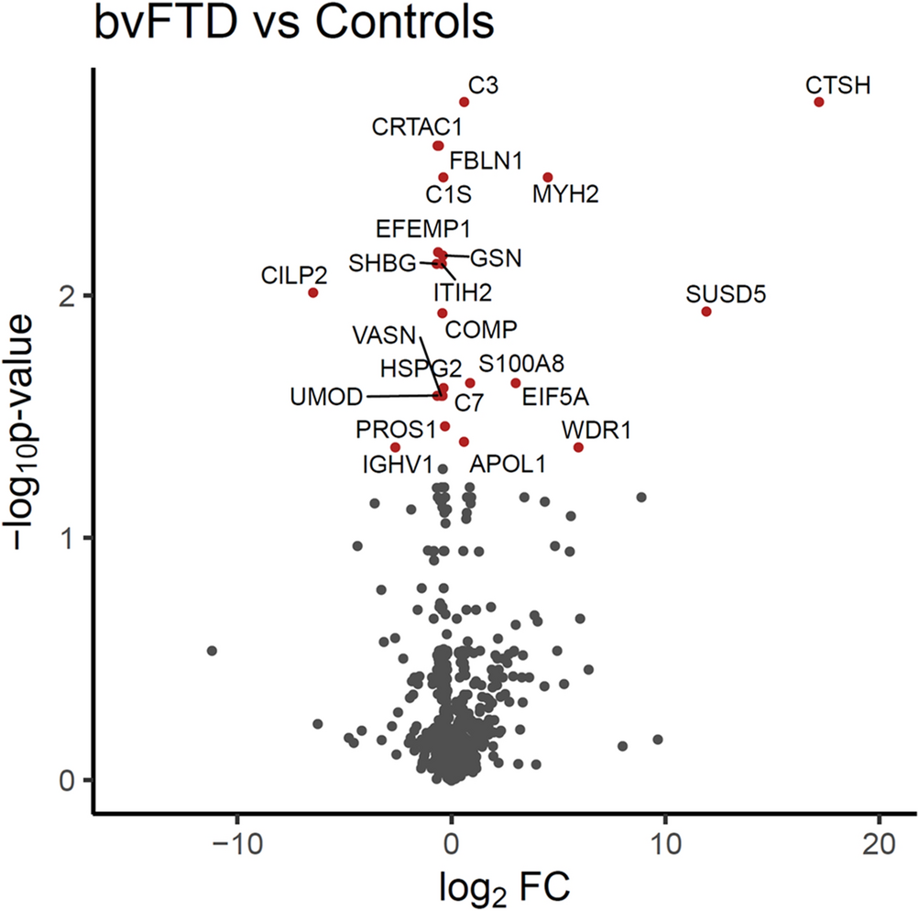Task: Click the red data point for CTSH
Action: click(x=818, y=102)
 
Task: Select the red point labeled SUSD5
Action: click(x=706, y=312)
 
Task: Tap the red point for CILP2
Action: click(x=313, y=292)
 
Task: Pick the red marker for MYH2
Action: click(x=548, y=177)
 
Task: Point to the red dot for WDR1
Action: click(x=578, y=446)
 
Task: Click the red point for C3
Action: click(x=465, y=102)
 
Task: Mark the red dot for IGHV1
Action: click(x=396, y=446)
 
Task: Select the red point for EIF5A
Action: click(x=516, y=383)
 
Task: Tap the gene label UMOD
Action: click(x=324, y=397)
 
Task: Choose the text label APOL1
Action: click(x=508, y=465)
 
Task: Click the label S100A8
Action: click(x=516, y=363)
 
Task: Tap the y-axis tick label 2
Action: click(x=67, y=295)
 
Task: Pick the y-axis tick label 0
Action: click(x=67, y=780)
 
